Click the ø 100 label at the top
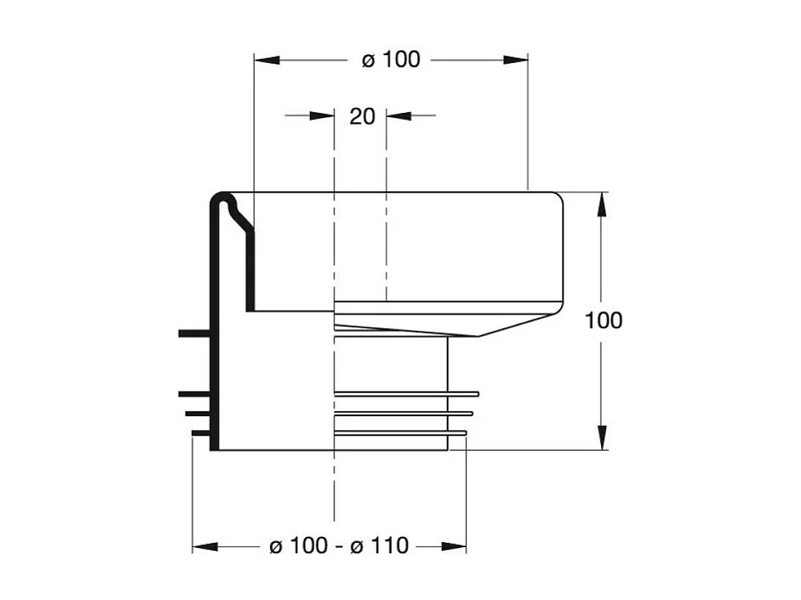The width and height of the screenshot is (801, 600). (390, 60)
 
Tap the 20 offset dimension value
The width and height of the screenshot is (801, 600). (362, 116)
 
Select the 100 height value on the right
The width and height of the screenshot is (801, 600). (603, 320)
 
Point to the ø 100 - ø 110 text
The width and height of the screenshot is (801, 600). (339, 546)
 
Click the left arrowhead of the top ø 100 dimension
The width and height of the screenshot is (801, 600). (265, 60)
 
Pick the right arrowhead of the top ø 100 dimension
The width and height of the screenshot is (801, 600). (516, 60)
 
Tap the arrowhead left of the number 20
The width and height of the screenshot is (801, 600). (322, 115)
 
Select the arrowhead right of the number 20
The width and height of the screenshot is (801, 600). (398, 115)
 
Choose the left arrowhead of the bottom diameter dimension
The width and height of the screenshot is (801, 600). (204, 546)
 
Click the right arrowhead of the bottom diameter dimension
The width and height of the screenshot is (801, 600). (455, 546)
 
